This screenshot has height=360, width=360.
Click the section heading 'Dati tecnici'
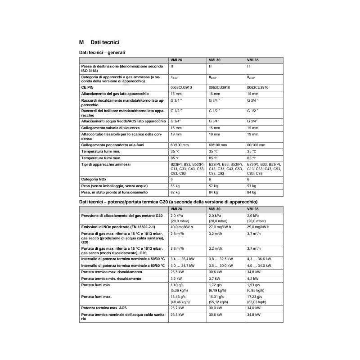(x=104, y=42)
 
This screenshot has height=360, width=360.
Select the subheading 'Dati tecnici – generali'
(x=102, y=53)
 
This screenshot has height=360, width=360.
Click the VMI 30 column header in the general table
(x=215, y=60)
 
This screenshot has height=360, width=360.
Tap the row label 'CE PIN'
(x=87, y=87)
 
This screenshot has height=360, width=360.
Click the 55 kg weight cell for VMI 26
(x=175, y=186)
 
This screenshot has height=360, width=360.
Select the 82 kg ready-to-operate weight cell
(x=175, y=193)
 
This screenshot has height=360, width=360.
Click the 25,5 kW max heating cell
(x=177, y=272)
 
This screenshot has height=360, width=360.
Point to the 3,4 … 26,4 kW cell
(x=183, y=259)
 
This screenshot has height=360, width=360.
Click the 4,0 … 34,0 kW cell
(x=259, y=265)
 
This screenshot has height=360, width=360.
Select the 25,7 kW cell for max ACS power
(x=177, y=308)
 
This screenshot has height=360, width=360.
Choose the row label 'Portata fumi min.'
(x=96, y=285)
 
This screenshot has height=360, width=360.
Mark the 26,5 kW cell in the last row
(x=177, y=315)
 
